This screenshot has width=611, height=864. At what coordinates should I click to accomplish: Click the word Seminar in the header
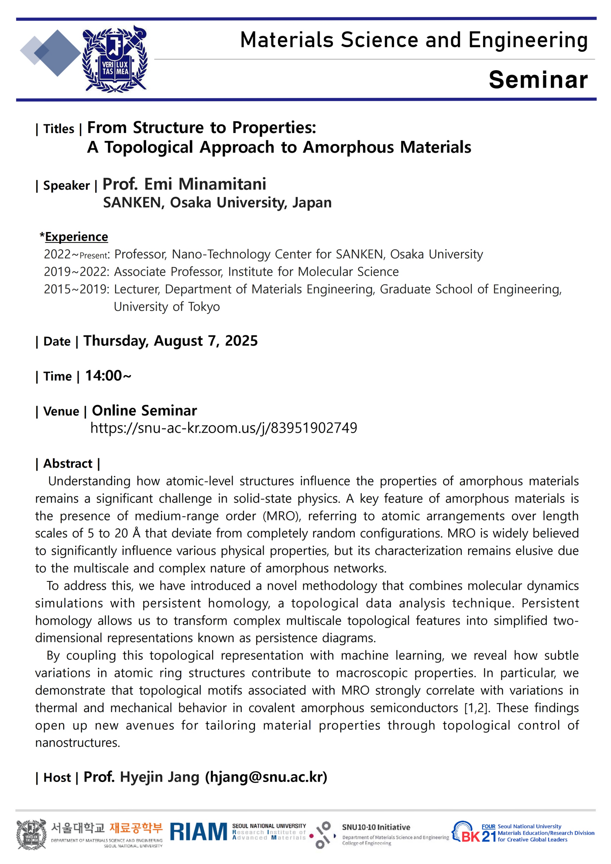pos(538,80)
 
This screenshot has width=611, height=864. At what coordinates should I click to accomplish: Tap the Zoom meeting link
pos(223,428)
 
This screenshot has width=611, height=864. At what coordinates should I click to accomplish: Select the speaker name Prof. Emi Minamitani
pos(184,184)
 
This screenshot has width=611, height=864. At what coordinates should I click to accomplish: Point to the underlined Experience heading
pos(76,237)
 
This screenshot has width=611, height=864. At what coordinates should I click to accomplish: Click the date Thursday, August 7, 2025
pos(170,341)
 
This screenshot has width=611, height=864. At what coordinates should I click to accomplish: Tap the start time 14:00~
pos(108,376)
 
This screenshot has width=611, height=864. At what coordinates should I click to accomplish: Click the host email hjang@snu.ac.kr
pos(266,777)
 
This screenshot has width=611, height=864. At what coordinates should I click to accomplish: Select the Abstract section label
pos(68,463)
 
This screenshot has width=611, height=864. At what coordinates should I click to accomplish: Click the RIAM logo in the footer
pos(199,832)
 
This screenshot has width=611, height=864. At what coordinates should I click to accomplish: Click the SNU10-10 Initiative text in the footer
pos(376,827)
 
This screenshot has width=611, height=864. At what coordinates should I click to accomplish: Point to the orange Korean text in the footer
pos(136,827)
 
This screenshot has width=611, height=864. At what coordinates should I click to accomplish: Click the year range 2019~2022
pos(76,272)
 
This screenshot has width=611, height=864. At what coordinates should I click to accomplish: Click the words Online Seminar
pos(144,410)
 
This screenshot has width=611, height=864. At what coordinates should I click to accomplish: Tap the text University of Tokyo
pos(167,307)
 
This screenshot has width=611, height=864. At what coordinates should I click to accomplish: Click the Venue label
pos(61,411)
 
